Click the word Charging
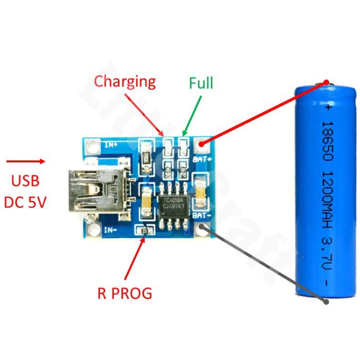pyautogui.click(x=124, y=81)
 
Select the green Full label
pyautogui.click(x=201, y=83)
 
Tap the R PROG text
pyautogui.click(x=125, y=293)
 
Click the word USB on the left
pyautogui.click(x=25, y=181)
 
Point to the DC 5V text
pyautogui.click(x=25, y=202)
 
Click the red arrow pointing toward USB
pyautogui.click(x=26, y=161)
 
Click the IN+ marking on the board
pyautogui.click(x=111, y=145)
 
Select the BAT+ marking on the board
pyautogui.click(x=201, y=159)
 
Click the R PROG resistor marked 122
pyautogui.click(x=145, y=231)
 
